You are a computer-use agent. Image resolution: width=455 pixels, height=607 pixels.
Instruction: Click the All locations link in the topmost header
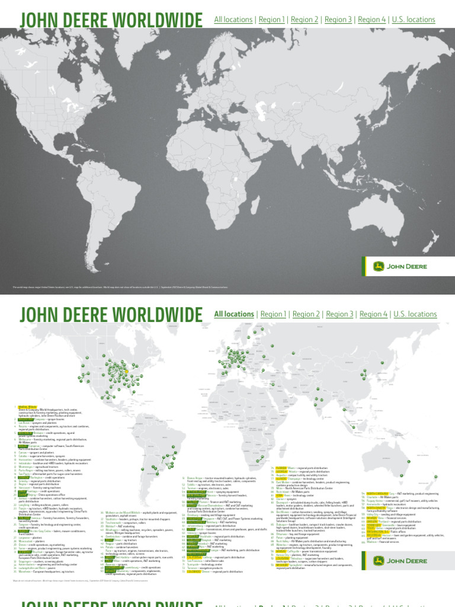pyautogui.click(x=233, y=20)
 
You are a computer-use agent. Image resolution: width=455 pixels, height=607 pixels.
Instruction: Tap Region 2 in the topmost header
pyautogui.click(x=305, y=20)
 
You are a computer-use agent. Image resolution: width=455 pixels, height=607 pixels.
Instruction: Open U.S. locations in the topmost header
pyautogui.click(x=414, y=20)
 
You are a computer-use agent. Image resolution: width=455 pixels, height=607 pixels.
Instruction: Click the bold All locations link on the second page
pyautogui.click(x=234, y=314)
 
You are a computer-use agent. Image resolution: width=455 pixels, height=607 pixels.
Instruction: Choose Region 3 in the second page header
pyautogui.click(x=339, y=314)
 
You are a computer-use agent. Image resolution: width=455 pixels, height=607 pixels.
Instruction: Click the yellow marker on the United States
pyautogui.click(x=126, y=372)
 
